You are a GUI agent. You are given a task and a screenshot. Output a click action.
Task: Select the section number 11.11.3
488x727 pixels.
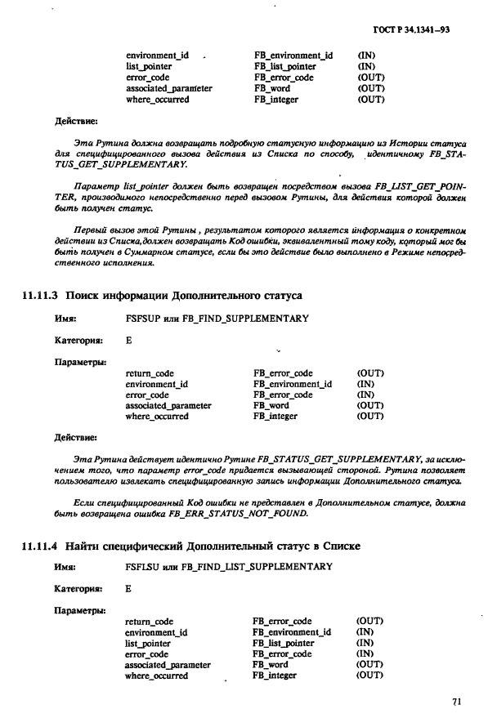click(43, 294)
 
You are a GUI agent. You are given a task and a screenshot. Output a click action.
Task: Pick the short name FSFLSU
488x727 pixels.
click(142, 566)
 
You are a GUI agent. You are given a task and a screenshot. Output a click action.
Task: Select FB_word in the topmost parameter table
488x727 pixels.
click(271, 88)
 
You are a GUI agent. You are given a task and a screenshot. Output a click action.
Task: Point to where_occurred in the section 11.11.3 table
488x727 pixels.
click(157, 416)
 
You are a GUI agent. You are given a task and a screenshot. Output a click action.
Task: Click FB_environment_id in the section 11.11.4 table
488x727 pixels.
click(292, 632)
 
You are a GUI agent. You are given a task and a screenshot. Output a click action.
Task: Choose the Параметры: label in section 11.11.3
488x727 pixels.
click(80, 360)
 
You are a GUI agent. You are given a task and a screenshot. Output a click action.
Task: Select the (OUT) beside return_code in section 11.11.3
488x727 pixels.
click(370, 373)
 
